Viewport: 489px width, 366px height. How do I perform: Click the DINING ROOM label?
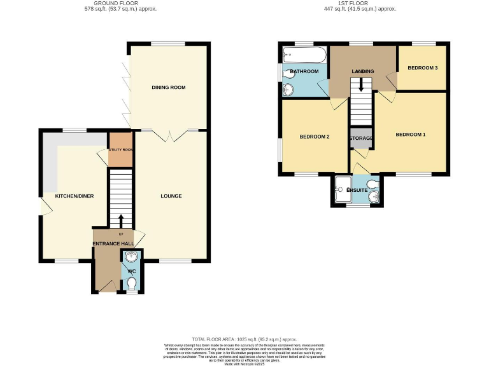tap(169, 87)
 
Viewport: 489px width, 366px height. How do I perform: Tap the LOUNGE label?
tap(171, 196)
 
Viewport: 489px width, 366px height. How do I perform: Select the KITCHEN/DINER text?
tap(74, 196)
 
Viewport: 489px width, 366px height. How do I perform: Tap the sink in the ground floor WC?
tap(131, 257)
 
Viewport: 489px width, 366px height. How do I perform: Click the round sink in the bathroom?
tap(290, 90)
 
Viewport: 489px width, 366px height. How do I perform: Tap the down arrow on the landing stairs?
tap(362, 84)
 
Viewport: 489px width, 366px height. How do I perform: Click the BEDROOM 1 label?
tap(410, 135)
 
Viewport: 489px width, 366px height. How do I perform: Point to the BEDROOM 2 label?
tap(314, 137)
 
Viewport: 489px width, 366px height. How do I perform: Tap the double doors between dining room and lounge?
tap(171, 132)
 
